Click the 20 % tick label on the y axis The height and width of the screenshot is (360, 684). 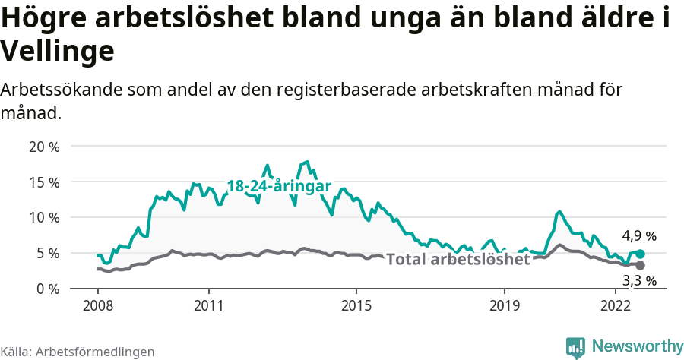click(x=44, y=147)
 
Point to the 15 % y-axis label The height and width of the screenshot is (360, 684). click(x=44, y=182)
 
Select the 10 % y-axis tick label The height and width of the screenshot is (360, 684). click(x=44, y=218)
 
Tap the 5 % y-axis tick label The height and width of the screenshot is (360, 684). click(x=47, y=253)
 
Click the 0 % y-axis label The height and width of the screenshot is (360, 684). click(x=47, y=289)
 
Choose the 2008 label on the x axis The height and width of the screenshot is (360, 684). click(x=98, y=306)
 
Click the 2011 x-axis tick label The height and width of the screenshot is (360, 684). click(x=209, y=306)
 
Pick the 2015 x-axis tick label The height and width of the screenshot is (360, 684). click(x=356, y=306)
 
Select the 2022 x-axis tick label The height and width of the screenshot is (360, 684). click(x=615, y=306)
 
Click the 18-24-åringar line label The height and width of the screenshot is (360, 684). click(x=279, y=186)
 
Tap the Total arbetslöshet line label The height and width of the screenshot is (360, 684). click(x=458, y=260)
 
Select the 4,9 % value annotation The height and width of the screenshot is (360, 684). click(x=639, y=236)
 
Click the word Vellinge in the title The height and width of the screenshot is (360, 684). click(x=58, y=52)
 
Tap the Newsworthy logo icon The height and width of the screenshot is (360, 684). click(x=575, y=347)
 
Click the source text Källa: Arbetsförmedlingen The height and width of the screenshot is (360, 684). click(x=78, y=352)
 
